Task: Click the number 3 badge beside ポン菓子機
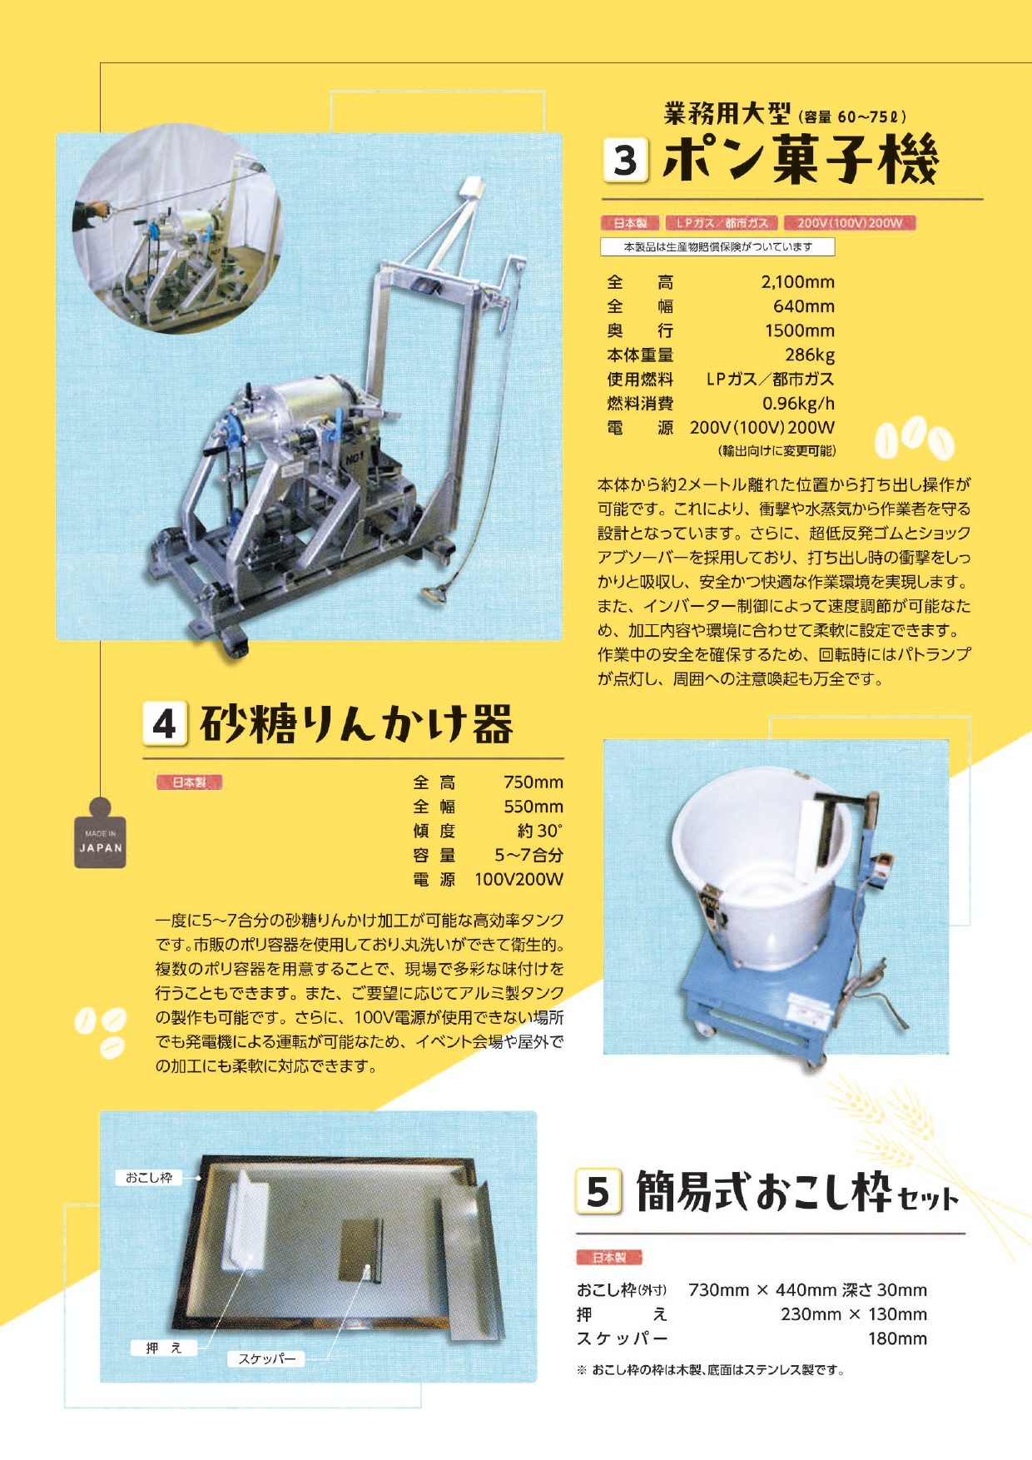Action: pos(625,161)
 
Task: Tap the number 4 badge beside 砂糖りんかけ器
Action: pos(164,723)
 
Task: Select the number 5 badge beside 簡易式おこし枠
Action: pos(598,1191)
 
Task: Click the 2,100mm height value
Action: pos(797,282)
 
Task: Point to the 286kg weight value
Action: pos(809,355)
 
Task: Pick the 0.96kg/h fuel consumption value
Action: pos(798,404)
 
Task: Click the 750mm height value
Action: pos(533,782)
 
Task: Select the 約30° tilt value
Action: pos(539,831)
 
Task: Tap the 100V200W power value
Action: pos(518,879)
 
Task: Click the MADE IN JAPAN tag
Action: pos(100,841)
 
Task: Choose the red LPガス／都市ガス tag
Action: pos(722,223)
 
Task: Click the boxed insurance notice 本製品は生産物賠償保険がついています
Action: pos(717,247)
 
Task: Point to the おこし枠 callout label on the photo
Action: pos(148,1178)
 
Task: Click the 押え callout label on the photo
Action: pos(164,1348)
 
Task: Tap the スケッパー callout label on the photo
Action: pos(266,1359)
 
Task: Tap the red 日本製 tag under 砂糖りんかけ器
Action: pos(189,782)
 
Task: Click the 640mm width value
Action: pos(803,306)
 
